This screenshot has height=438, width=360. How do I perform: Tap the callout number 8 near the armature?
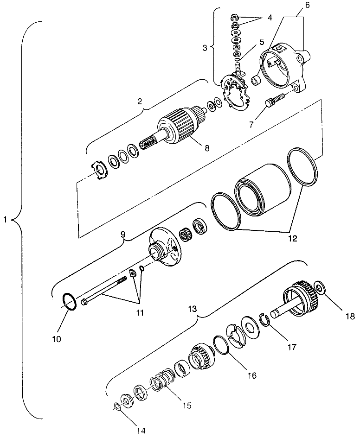(206, 148)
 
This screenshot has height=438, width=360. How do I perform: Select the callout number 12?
(292, 239)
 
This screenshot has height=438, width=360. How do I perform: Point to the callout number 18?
(349, 317)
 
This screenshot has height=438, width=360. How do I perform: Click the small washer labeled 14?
(116, 406)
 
